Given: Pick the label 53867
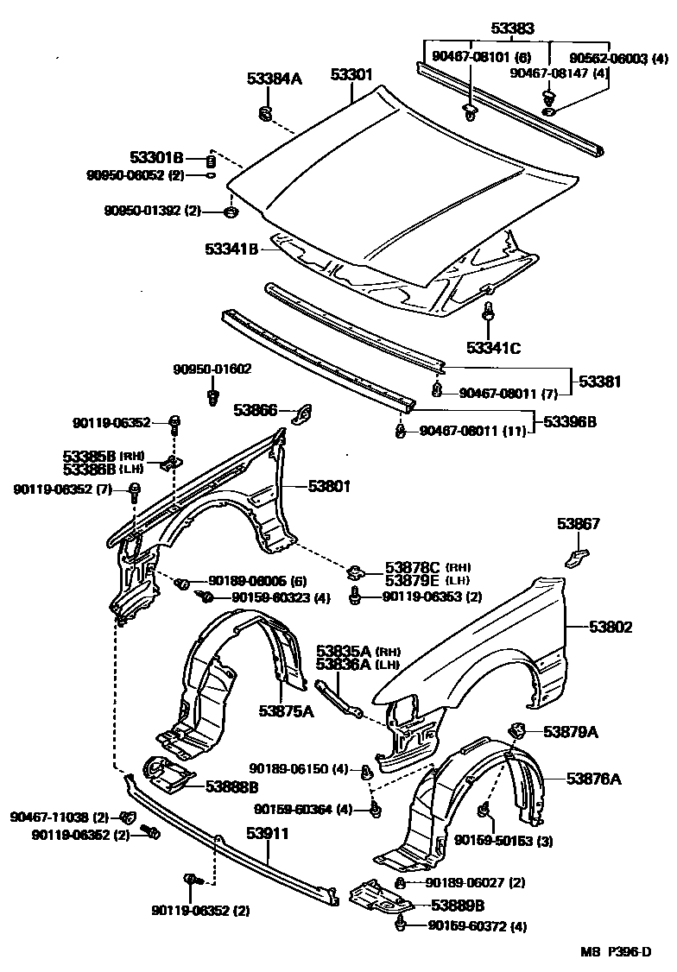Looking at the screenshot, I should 578,524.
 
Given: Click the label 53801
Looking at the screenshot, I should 329,486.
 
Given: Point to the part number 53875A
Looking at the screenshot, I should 285,710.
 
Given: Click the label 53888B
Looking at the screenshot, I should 232,786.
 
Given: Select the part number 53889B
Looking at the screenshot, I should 457,906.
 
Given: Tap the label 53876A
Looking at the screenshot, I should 594,779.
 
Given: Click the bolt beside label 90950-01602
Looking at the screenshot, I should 212,397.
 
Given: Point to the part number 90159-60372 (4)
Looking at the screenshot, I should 477,926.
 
